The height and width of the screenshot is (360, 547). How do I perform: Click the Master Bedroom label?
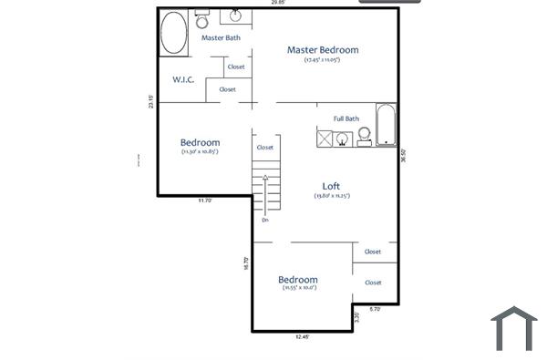coord(323,50)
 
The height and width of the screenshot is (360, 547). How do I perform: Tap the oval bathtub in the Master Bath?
coord(174,34)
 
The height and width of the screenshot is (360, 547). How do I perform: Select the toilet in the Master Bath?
coord(202,20)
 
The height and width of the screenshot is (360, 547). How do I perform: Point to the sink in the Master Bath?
coord(235,15)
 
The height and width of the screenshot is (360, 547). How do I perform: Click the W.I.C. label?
coord(183,79)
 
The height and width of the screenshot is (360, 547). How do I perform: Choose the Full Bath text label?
coord(346,118)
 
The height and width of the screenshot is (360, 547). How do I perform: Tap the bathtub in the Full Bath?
coord(387,126)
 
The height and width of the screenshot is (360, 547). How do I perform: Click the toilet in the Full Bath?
coord(364,135)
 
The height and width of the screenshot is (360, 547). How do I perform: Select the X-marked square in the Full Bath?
coord(324,139)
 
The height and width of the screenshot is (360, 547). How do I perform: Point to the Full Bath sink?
coord(343,139)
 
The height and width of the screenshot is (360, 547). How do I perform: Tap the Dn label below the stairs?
coord(265,220)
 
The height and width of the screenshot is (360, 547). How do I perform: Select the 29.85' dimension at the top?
coord(277,3)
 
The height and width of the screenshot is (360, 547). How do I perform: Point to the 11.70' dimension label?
coord(204,201)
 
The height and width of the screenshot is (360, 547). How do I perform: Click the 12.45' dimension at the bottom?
coord(303,337)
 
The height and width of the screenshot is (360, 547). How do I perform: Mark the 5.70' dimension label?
coord(375,309)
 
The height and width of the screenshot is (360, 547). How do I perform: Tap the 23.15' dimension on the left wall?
coord(152,101)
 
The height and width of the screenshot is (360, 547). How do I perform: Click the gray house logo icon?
coord(514,328)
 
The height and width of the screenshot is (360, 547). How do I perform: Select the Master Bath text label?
coord(221,38)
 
